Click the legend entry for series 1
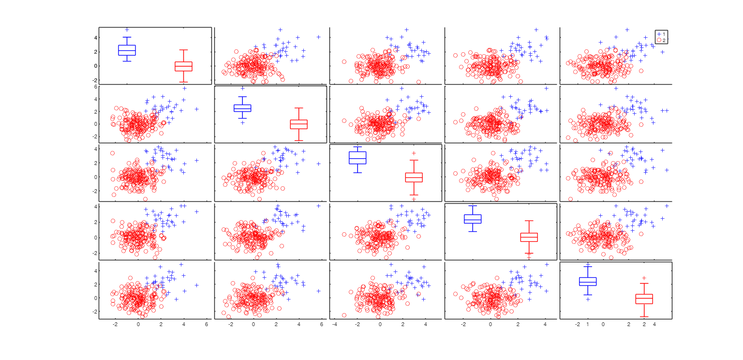[662, 34]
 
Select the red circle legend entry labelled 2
[662, 40]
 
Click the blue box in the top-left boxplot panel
[127, 50]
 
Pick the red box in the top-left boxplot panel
[183, 66]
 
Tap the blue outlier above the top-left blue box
[127, 30]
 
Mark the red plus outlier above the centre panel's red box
[414, 153]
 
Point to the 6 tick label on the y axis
[96, 87]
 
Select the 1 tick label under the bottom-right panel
[588, 325]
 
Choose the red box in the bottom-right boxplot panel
[644, 299]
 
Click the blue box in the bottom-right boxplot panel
[588, 282]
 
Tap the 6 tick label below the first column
[207, 325]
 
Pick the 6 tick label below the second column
[322, 325]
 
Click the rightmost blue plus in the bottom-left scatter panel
[197, 285]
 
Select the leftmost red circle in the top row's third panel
[344, 61]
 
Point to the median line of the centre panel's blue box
[357, 158]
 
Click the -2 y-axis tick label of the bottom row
[95, 312]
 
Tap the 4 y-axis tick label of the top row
[96, 37]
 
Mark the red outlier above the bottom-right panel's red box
[644, 278]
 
